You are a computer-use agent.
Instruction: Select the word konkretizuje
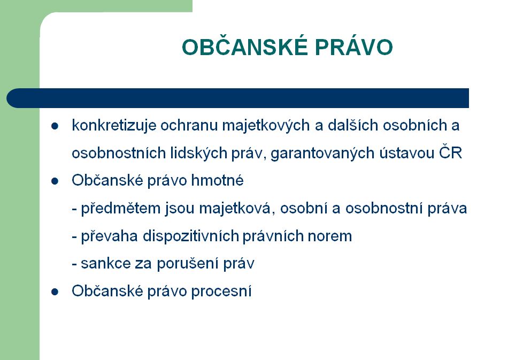pos(114,126)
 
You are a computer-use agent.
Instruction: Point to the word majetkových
pos(266,126)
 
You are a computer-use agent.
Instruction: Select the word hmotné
pos(218,180)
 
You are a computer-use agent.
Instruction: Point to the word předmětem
pos(121,209)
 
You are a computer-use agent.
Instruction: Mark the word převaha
pos(110,236)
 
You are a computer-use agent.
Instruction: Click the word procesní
pos(221,292)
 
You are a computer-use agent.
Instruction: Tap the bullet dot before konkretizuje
pos(55,126)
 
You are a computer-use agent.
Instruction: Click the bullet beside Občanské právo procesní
pos(55,292)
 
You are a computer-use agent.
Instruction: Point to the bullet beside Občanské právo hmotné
pos(55,181)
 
